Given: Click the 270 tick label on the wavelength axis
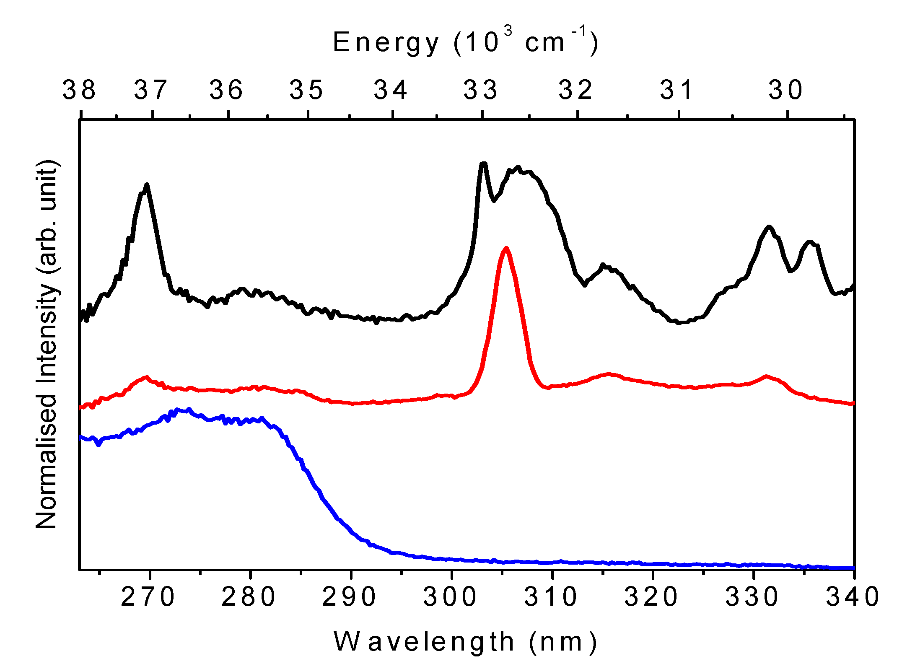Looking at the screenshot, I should point(148,597).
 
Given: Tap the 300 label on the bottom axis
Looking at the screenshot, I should point(450,597).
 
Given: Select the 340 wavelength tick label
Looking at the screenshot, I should point(853,597).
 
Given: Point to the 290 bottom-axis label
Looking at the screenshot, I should point(349,597).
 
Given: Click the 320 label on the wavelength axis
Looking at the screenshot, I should point(651,597).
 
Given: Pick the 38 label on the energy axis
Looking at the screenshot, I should point(79,90).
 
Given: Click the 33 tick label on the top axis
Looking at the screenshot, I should point(481,90).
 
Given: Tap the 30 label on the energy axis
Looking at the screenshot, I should point(786,90).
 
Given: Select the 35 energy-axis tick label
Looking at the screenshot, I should point(307,90).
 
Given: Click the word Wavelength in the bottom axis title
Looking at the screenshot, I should point(424,642).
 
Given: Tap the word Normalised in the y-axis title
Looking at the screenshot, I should point(46,461).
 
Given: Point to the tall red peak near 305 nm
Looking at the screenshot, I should point(506,249).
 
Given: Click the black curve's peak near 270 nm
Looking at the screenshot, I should point(147,185).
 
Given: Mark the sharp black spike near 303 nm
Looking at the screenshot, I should point(483,163).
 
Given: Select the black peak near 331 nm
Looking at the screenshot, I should point(769,227).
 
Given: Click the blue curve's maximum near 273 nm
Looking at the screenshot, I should point(178,410).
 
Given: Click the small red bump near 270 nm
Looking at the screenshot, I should point(146,377).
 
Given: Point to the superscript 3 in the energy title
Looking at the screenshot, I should point(508,31).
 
